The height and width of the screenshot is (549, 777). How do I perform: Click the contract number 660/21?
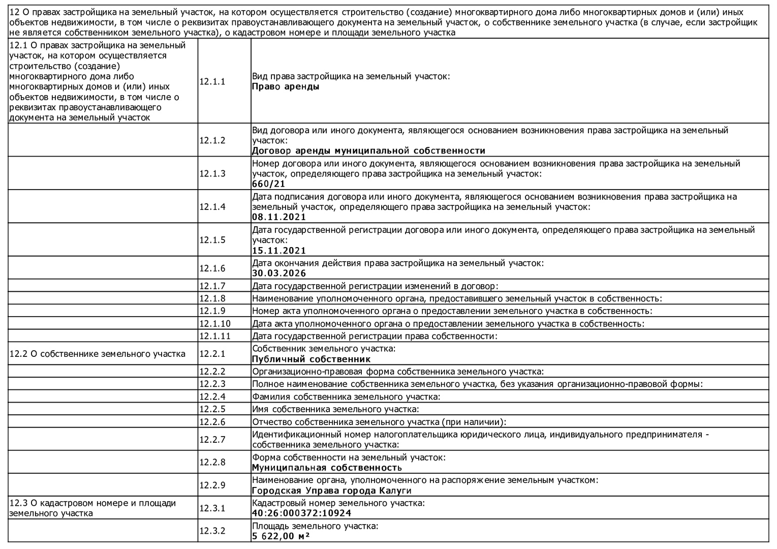point(268,184)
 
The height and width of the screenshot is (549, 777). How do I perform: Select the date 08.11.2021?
point(279,217)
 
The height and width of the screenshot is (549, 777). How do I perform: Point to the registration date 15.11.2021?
point(279,251)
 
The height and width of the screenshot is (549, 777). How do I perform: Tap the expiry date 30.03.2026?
point(279,273)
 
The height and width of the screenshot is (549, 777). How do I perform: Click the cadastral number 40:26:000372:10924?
point(301,513)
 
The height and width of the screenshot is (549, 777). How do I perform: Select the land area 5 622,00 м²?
point(281,536)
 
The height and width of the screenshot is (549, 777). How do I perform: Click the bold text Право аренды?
point(286,86)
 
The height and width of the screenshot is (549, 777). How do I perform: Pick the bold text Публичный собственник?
point(311,359)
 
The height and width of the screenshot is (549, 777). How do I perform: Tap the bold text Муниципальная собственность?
point(327,468)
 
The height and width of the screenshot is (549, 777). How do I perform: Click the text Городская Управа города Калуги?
point(331,491)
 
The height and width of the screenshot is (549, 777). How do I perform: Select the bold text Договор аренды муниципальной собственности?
point(368,151)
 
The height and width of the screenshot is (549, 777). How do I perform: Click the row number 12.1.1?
point(212,81)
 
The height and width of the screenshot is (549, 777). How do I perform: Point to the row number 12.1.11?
point(214,336)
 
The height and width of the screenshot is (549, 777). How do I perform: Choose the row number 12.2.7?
point(212,440)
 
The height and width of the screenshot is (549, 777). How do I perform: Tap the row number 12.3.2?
point(212,531)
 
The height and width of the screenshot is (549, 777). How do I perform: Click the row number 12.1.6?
point(212,268)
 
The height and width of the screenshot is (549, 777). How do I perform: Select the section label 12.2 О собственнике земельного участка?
point(97,354)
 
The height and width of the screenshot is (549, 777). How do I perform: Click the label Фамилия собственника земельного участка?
point(346,396)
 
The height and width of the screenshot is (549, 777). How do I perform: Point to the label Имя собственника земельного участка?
point(335,409)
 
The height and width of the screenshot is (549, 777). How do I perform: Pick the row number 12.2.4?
point(212,396)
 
